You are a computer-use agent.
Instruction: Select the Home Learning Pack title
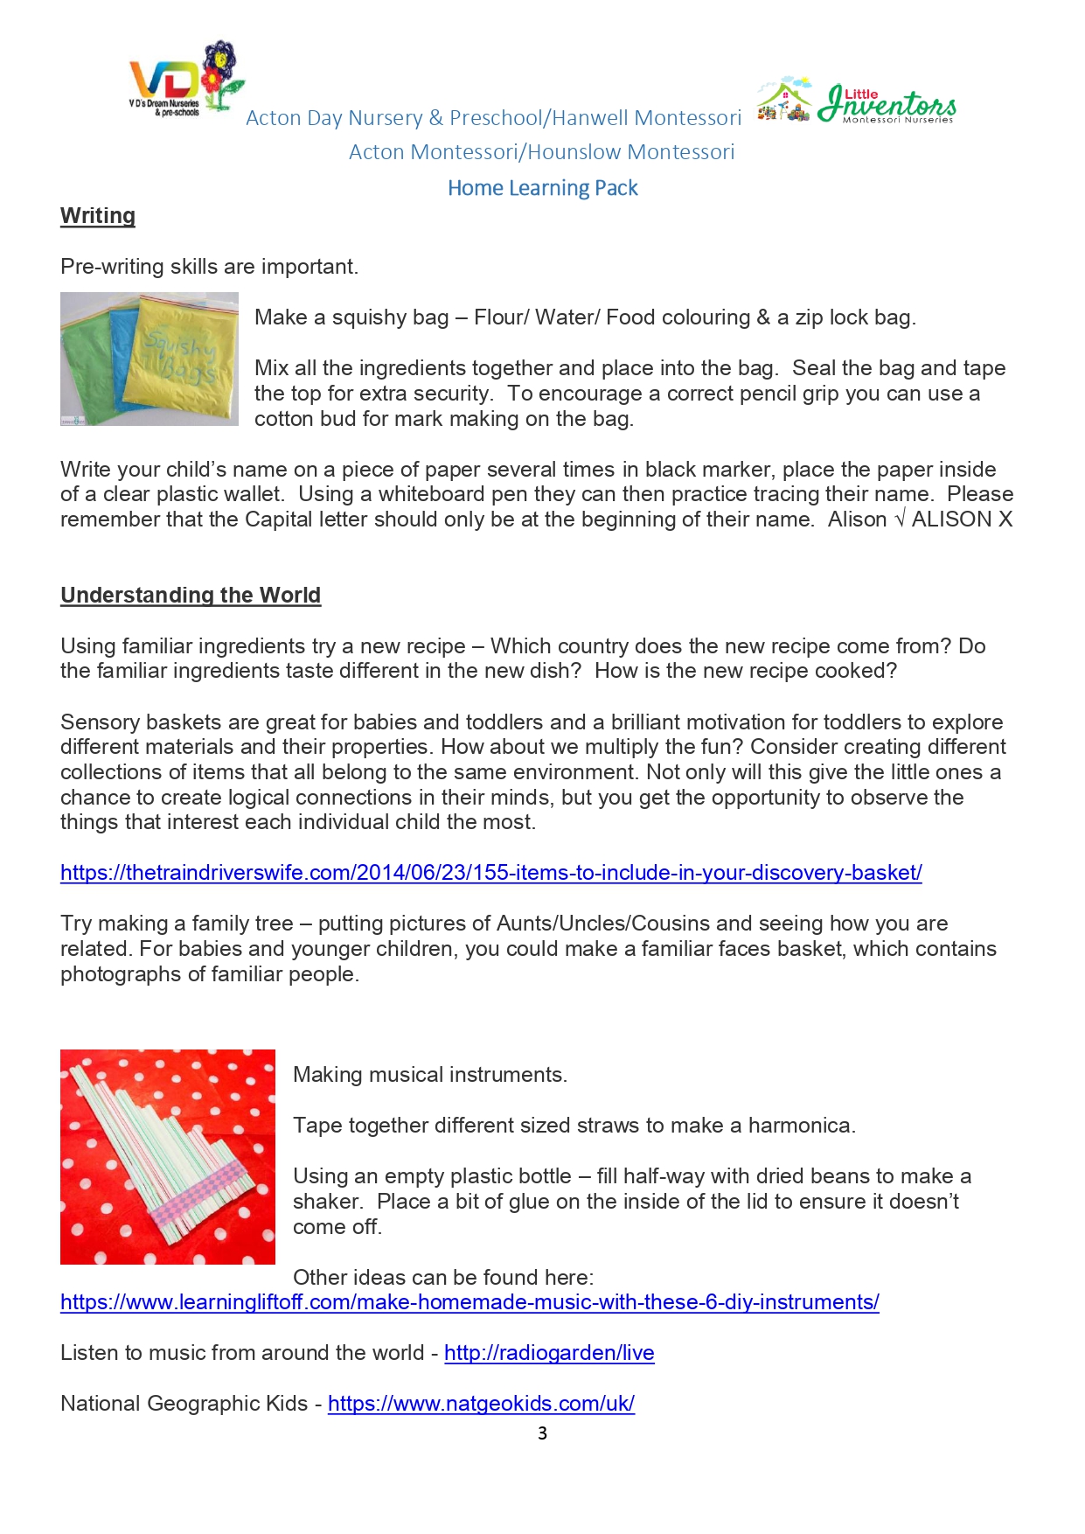pyautogui.click(x=542, y=188)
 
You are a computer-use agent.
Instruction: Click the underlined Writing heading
pyautogui.click(x=98, y=216)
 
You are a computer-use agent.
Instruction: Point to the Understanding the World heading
pyautogui.click(x=191, y=596)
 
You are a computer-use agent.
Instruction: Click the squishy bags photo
pyautogui.click(x=149, y=359)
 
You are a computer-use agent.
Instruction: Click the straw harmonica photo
pyautogui.click(x=167, y=1156)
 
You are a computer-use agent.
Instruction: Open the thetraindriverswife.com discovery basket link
pyautogui.click(x=490, y=873)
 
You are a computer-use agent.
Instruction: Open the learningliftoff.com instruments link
pyautogui.click(x=469, y=1302)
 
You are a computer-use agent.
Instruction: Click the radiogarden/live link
pyautogui.click(x=549, y=1353)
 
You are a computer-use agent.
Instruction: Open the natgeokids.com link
pyautogui.click(x=481, y=1404)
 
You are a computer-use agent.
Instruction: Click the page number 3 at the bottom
pyautogui.click(x=542, y=1433)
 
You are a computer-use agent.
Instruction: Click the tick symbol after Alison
pyautogui.click(x=899, y=519)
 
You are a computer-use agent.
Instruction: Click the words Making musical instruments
pyautogui.click(x=430, y=1075)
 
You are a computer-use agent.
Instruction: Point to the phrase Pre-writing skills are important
pyautogui.click(x=209, y=267)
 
